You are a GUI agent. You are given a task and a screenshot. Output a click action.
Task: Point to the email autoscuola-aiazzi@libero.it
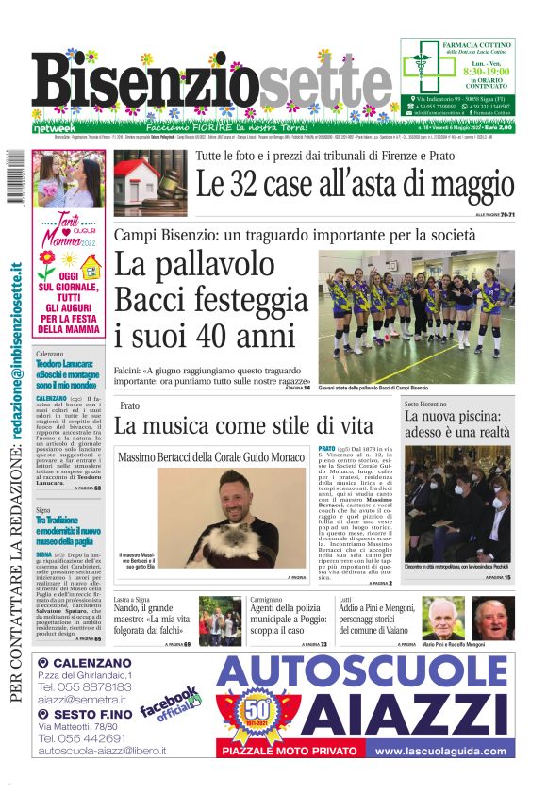[102, 751]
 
